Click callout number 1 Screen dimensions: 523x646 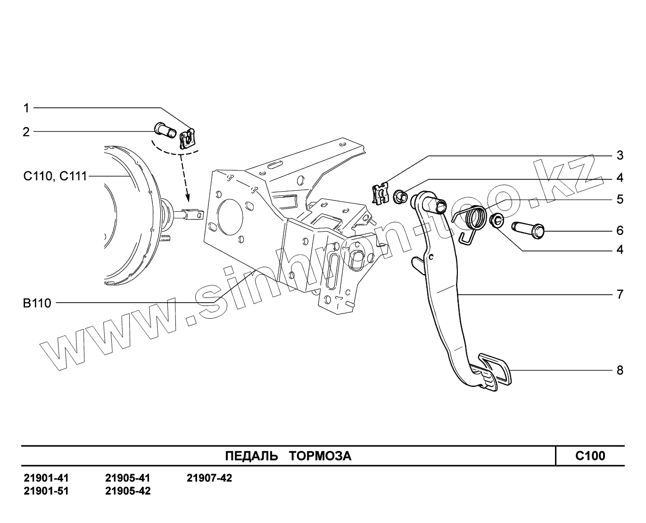(x=26, y=108)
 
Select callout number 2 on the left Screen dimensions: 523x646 (x=26, y=132)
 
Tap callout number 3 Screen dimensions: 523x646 (x=620, y=155)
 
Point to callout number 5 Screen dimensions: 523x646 (x=620, y=200)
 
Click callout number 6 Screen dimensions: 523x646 (x=620, y=231)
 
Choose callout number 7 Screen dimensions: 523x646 (x=620, y=295)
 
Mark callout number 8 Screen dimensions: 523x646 (x=620, y=370)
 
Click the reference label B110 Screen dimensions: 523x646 (x=37, y=303)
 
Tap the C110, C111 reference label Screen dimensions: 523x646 (x=55, y=177)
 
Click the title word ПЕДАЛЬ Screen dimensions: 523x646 (x=251, y=456)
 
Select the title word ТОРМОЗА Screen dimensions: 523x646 (x=320, y=456)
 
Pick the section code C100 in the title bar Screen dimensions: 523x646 (x=590, y=456)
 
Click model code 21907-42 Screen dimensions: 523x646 (x=209, y=478)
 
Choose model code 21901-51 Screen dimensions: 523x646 (x=46, y=491)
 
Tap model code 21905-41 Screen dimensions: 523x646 (x=128, y=478)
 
